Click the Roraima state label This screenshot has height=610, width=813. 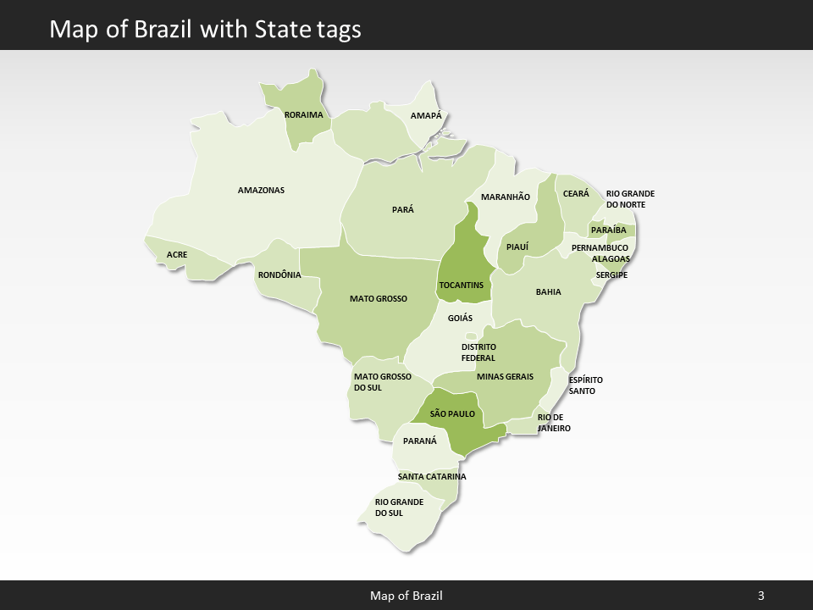point(304,114)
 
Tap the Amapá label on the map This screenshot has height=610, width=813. point(426,115)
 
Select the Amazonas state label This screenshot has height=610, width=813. point(261,190)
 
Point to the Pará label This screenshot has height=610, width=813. point(403,209)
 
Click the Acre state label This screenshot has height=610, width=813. point(177,254)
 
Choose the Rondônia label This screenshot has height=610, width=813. point(279,274)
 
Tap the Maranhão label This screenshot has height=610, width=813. point(506,197)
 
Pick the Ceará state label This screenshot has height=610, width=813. point(576,194)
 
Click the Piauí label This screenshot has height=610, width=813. point(517,247)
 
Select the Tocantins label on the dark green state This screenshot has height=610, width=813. point(462,285)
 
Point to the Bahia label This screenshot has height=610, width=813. point(548,291)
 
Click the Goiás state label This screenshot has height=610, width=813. point(460,319)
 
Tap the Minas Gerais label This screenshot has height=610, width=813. point(505,376)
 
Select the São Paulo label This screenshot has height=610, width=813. point(452,413)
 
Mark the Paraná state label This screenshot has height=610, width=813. point(420,441)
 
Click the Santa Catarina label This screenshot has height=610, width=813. point(432,476)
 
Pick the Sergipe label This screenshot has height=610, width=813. point(611,274)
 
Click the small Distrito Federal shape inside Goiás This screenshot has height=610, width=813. point(471,335)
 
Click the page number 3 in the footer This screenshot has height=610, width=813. point(761,596)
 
